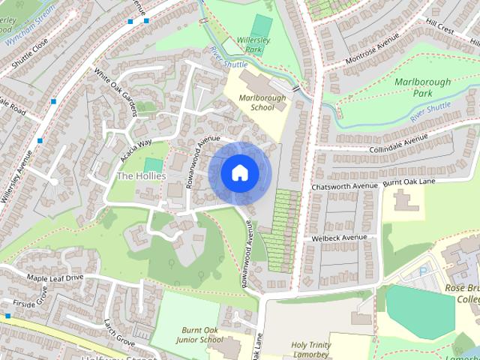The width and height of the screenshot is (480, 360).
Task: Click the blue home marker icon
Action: tap(239, 172)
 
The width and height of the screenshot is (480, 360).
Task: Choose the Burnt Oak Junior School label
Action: tap(202, 334)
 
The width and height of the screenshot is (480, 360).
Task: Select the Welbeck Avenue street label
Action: tap(340, 238)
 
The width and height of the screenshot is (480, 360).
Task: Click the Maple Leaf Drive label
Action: tap(55, 278)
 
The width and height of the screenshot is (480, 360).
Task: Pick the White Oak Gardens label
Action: tap(116, 94)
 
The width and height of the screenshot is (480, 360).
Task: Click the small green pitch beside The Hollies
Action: tap(153, 164)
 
